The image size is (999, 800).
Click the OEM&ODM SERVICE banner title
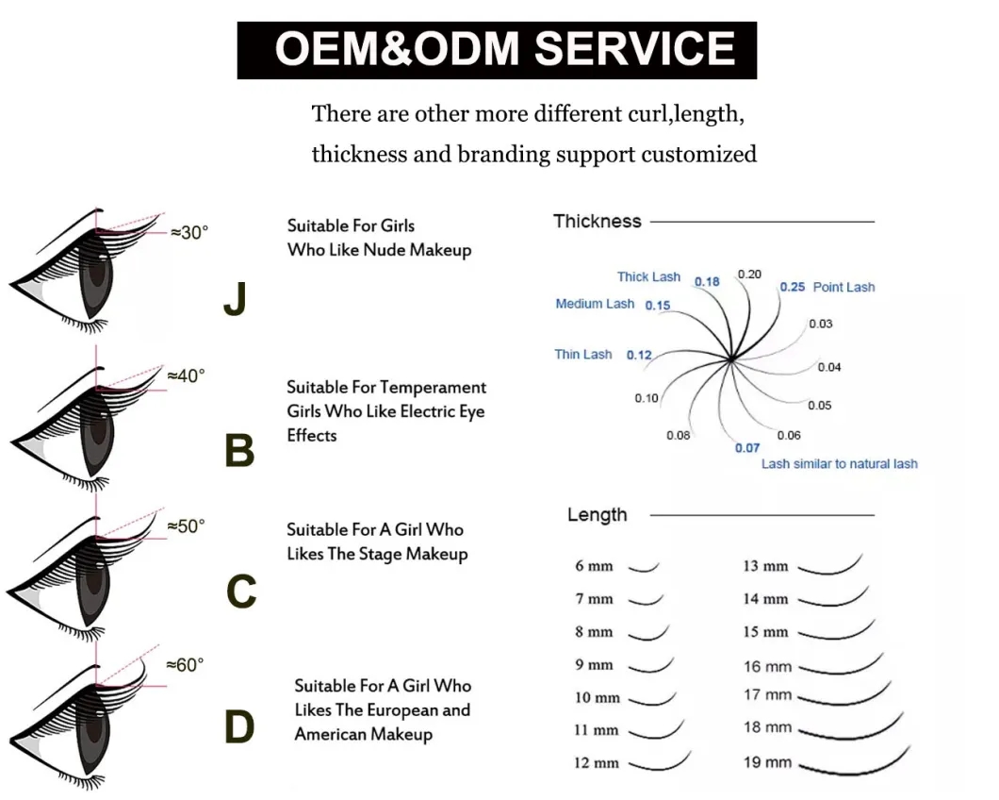point(498,49)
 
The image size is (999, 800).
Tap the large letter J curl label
point(235,300)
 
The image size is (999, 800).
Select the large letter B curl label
point(239,451)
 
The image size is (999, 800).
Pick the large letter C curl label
point(241,592)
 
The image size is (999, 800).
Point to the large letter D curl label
point(239,727)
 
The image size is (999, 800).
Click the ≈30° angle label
point(188,232)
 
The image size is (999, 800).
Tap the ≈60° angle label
point(184,665)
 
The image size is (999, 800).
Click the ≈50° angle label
point(185,525)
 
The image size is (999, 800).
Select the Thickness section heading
point(597,222)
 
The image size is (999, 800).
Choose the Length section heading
point(597,515)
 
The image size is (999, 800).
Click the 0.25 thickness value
point(792,287)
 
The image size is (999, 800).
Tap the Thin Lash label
point(583,355)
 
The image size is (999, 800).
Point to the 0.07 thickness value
point(746,448)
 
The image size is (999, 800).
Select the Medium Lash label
point(595,304)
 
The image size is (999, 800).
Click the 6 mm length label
point(594,566)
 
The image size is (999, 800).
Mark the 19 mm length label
point(767,761)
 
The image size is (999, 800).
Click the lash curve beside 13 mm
point(828,566)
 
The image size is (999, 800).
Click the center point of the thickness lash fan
point(731,358)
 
